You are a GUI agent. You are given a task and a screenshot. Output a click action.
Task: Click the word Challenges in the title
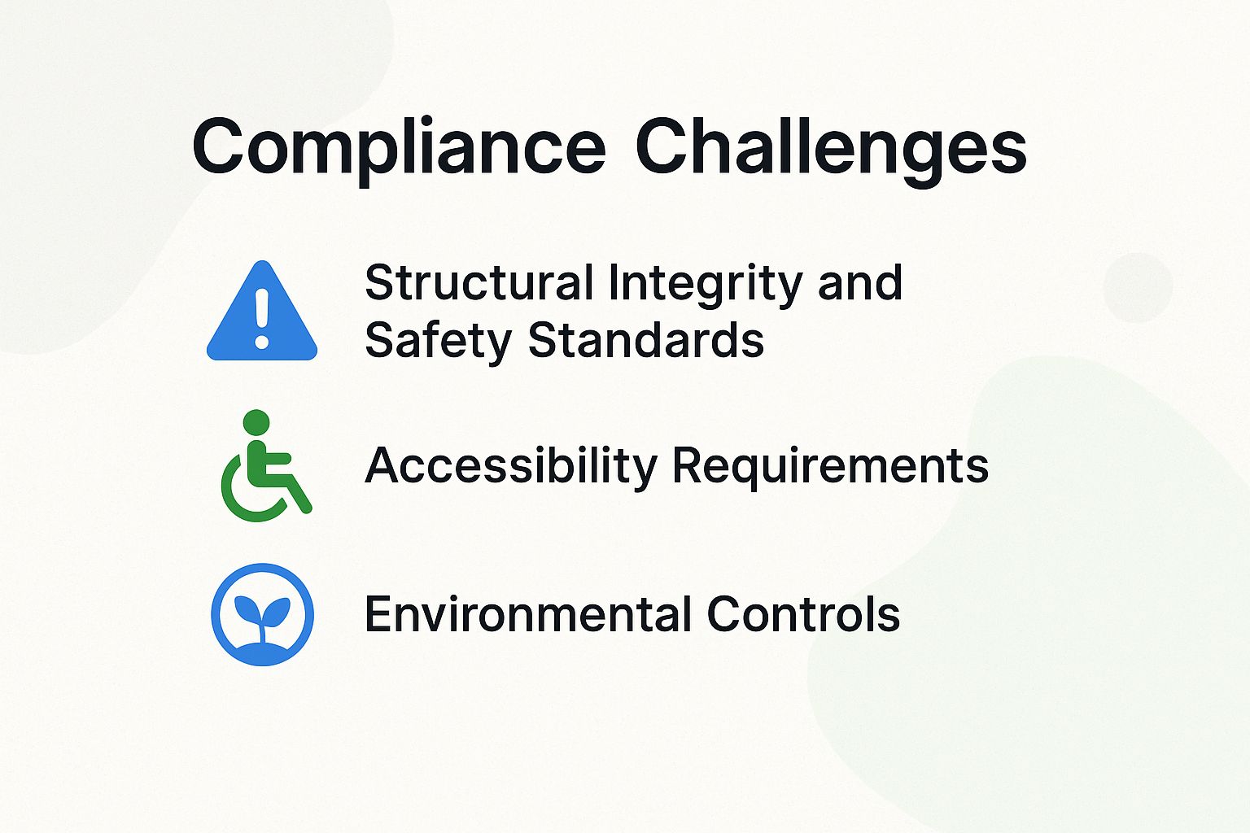830,148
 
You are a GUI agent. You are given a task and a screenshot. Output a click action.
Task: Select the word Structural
479,283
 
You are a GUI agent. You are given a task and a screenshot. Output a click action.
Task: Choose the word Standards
646,340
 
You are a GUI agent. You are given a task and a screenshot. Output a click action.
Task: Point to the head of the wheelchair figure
256,422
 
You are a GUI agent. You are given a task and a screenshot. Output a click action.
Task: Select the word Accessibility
510,466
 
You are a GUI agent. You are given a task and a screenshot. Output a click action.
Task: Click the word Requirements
830,467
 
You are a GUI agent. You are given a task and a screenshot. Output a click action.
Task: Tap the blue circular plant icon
262,614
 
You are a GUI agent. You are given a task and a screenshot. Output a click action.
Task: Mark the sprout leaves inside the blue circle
262,610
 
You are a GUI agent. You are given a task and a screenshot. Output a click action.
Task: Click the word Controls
803,614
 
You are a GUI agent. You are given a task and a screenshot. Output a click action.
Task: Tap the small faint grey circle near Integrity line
1138,287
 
